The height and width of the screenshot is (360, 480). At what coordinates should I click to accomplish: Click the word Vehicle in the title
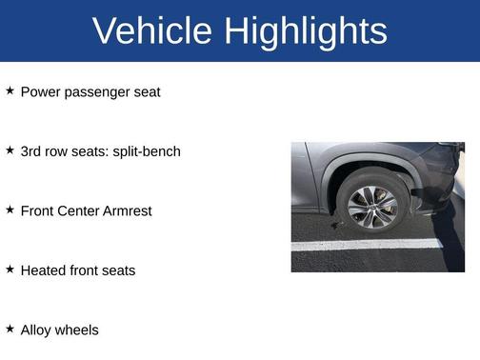[x=152, y=31]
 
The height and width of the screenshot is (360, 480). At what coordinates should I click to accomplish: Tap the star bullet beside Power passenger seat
[x=10, y=91]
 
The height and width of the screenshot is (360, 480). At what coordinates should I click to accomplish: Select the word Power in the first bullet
[x=39, y=92]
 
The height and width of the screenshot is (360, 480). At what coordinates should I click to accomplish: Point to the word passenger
[x=96, y=92]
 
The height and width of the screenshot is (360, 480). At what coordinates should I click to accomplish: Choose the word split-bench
[x=147, y=151]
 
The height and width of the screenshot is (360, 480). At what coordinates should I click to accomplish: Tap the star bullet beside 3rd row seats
[x=10, y=150]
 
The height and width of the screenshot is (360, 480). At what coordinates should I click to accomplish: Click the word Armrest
[x=127, y=210]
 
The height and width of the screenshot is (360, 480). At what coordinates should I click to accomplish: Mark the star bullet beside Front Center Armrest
[x=10, y=210]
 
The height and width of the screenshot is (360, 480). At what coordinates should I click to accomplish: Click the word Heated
[x=43, y=270]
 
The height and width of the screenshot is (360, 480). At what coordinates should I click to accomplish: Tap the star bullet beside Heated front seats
[x=10, y=270]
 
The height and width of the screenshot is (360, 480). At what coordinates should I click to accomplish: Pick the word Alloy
[x=37, y=330]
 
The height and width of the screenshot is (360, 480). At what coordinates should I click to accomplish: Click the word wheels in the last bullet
[x=78, y=330]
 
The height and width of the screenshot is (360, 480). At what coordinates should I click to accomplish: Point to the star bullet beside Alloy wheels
[x=10, y=329]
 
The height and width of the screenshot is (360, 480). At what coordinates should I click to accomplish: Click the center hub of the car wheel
[x=371, y=206]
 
